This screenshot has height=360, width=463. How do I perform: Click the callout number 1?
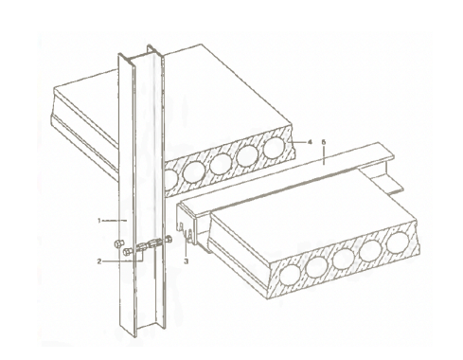tap(99, 221)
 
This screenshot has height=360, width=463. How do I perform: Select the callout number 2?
tap(99, 261)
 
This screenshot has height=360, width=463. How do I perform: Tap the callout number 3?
tap(187, 261)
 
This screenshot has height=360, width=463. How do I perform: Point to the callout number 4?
tap(310, 142)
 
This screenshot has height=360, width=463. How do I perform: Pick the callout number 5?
tap(323, 142)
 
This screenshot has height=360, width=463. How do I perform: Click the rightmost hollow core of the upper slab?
tap(274, 148)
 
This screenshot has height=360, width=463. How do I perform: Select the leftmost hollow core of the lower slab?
tap(290, 275)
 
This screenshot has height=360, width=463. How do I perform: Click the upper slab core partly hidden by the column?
tap(170, 178)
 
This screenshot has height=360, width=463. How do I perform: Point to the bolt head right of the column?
tap(169, 240)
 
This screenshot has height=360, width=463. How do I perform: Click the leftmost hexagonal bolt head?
tap(118, 244)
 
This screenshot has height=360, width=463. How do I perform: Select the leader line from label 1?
tap(115, 220)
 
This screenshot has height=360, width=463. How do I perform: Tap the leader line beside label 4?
tap(300, 142)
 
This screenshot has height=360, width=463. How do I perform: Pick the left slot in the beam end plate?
tap(181, 227)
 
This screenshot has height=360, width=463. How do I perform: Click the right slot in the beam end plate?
tap(190, 234)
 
